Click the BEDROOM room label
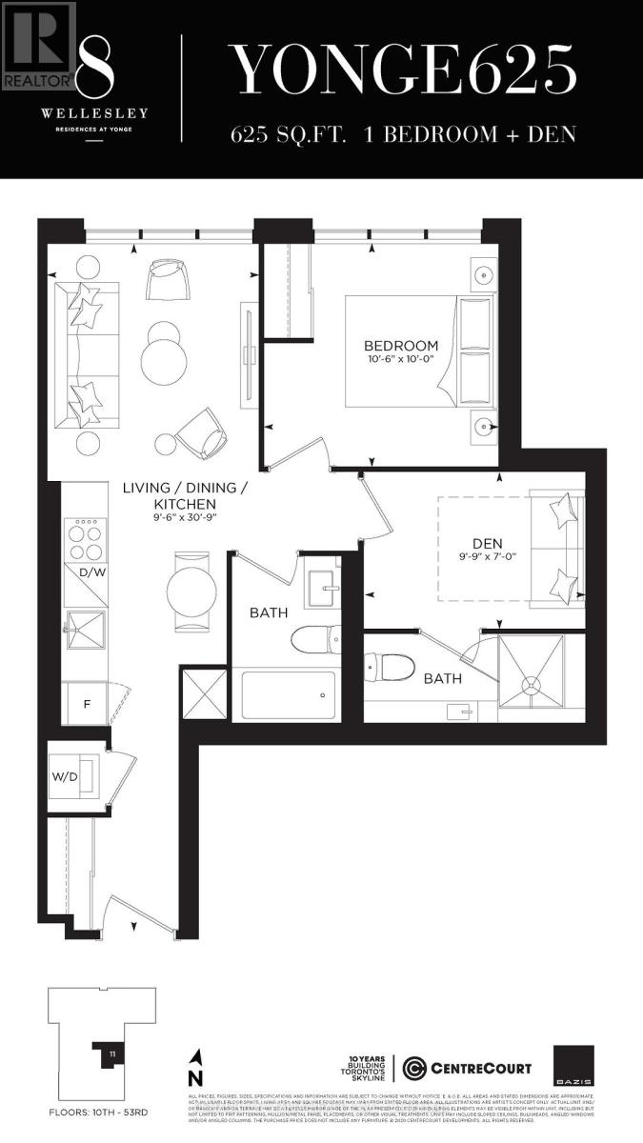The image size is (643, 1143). coord(401,345)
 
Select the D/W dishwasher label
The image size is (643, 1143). coord(91,572)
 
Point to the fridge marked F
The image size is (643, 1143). coord(87,704)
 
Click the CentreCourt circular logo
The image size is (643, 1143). coord(414,1068)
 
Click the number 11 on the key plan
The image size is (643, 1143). coord(111,1053)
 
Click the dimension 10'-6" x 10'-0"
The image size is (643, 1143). coord(401,360)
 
